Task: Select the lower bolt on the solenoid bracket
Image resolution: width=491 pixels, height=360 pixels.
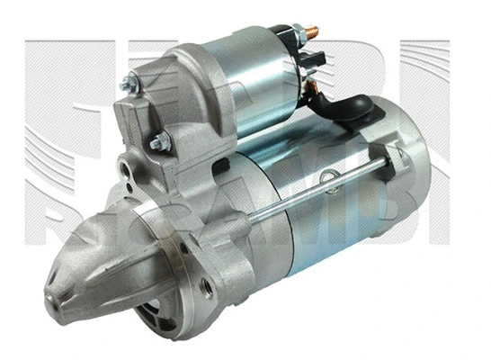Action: coord(159,141)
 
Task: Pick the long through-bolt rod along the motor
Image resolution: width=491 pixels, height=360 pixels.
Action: coord(306,194)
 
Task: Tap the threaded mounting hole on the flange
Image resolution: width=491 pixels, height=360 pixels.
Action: coord(206,286)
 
